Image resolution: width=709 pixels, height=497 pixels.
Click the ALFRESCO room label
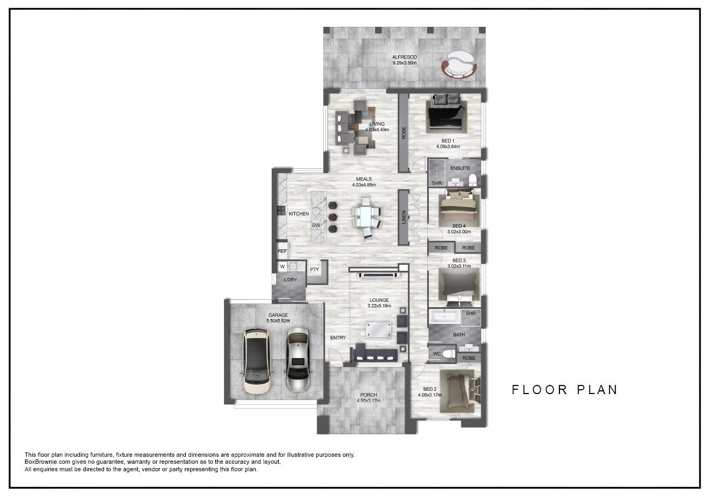404,57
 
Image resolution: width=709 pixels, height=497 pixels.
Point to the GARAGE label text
278,315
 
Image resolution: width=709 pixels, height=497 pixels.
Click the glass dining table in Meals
367,217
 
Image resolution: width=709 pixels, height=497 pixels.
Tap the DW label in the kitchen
316,225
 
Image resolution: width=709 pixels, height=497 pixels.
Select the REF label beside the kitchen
282,251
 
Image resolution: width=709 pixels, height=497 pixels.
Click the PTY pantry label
315,270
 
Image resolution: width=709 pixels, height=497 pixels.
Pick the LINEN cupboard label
404,218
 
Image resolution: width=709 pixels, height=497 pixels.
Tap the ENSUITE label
460,168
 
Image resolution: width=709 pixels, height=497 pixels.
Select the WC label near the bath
436,354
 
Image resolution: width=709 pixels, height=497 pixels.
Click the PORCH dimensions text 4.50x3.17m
369,400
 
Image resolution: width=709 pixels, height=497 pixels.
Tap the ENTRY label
338,338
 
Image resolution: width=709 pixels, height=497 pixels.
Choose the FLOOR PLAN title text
565,390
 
